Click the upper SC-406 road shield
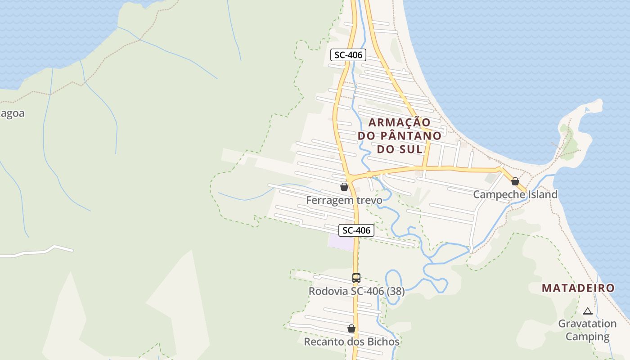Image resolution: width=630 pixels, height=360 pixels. [x=348, y=55]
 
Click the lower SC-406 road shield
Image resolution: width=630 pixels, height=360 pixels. [x=356, y=230]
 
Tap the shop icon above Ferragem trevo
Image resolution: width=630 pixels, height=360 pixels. [x=344, y=186]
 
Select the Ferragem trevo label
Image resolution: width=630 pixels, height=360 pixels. [x=344, y=200]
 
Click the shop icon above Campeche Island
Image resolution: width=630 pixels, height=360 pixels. [x=515, y=181]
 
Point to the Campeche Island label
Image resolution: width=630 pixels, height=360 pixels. [x=515, y=194]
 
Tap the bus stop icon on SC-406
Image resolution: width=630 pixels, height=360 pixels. [x=356, y=278]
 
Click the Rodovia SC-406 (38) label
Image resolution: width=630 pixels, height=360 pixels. [x=356, y=291]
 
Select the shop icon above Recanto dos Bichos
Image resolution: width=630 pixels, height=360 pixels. [x=351, y=329]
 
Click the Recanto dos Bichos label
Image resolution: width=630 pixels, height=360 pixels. [x=351, y=342]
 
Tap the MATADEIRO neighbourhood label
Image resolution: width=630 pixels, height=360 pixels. [x=578, y=288]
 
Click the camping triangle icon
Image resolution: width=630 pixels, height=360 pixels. [x=587, y=311]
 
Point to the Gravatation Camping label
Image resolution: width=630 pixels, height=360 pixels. [x=587, y=330]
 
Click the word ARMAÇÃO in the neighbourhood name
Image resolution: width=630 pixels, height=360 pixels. [x=400, y=122]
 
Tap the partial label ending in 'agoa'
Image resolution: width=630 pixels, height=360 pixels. [x=12, y=113]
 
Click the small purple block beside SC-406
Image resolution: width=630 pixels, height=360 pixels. [x=341, y=243]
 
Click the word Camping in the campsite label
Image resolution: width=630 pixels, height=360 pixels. [x=587, y=337]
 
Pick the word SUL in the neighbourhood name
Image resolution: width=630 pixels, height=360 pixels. [x=412, y=149]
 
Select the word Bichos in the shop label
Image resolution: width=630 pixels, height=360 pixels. [x=382, y=342]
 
